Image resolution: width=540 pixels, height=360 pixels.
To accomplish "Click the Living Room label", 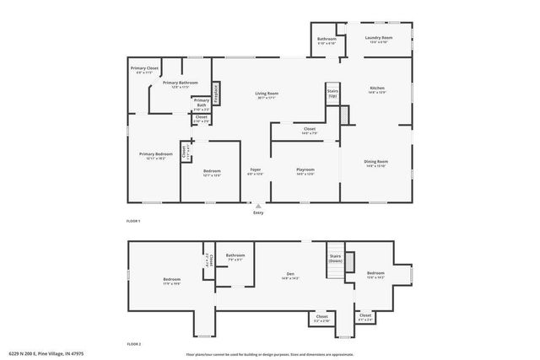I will tap(267, 94).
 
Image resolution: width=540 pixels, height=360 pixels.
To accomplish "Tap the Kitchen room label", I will tap(377, 89).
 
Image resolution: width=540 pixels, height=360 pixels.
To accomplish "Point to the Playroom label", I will tap(305, 169).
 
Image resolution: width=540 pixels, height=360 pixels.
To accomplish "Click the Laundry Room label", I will tap(378, 38).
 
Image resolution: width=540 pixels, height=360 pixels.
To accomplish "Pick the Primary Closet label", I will tap(144, 68).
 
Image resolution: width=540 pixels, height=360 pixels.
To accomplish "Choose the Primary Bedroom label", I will tap(156, 154).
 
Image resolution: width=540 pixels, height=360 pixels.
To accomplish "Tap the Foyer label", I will tap(255, 170).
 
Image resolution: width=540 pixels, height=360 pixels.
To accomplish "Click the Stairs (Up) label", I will tap(332, 94).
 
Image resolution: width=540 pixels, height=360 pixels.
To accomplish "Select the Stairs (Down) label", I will tap(334, 258).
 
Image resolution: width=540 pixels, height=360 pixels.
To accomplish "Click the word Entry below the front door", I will tap(258, 212).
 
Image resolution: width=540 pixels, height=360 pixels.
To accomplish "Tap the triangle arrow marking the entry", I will tap(258, 205).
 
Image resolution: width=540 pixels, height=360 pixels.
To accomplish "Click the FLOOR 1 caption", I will tap(133, 221).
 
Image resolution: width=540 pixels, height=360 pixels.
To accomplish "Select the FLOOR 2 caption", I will tap(133, 344).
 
